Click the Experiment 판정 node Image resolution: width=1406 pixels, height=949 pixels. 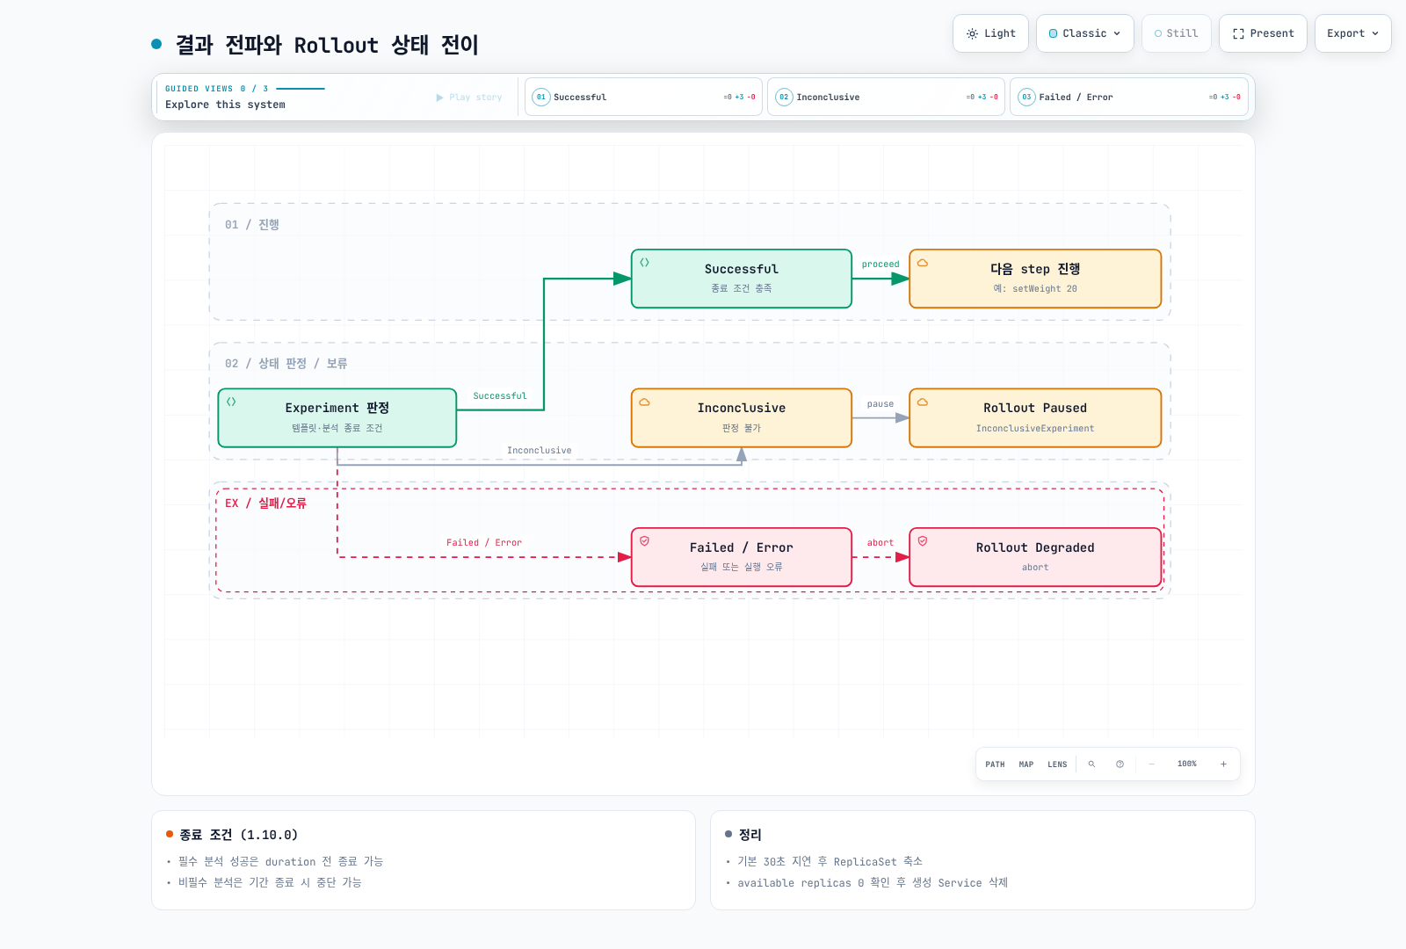[x=337, y=417]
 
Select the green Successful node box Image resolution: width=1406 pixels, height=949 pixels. [x=742, y=278]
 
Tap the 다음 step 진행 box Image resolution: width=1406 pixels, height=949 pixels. [x=1035, y=278]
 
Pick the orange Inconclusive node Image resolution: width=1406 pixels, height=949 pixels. [x=742, y=417]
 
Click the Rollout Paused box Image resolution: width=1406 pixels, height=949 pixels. [x=1035, y=417]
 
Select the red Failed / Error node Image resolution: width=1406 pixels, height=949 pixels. [x=742, y=557]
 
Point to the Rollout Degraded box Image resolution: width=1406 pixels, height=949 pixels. [x=1035, y=557]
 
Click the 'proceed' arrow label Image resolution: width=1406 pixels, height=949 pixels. [x=880, y=264]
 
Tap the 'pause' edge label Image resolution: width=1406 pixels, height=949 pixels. [x=880, y=403]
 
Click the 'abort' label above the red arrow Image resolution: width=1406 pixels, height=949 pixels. [x=880, y=542]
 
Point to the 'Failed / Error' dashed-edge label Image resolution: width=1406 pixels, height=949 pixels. [x=484, y=542]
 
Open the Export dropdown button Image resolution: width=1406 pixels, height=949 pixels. [x=1352, y=33]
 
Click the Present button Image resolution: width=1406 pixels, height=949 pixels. [x=1263, y=33]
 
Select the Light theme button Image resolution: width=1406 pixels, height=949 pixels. [x=990, y=33]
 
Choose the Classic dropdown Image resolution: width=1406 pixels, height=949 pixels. [x=1084, y=33]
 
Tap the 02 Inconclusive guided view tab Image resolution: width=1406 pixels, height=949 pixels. [x=886, y=97]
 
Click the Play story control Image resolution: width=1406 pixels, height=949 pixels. [x=469, y=98]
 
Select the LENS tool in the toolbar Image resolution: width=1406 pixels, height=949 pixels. [x=1057, y=764]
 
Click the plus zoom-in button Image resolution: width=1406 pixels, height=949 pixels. [x=1223, y=764]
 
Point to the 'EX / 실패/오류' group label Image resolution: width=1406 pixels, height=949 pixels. [x=265, y=503]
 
